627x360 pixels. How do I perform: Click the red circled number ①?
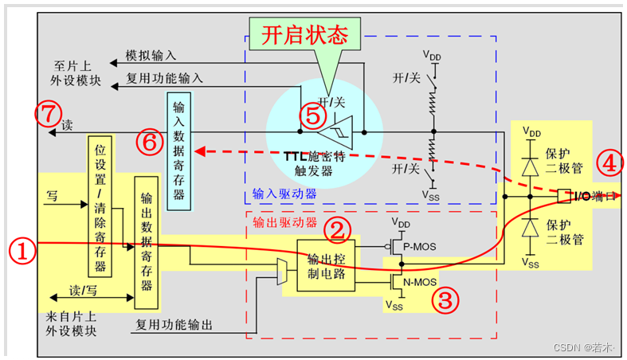pyautogui.click(x=24, y=252)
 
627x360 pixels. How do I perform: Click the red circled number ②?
pyautogui.click(x=339, y=231)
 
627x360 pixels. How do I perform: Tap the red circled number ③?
pyautogui.click(x=445, y=300)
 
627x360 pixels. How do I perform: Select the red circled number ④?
pyautogui.click(x=609, y=164)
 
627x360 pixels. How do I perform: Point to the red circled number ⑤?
pyautogui.click(x=313, y=117)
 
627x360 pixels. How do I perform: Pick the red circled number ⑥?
pyautogui.click(x=148, y=142)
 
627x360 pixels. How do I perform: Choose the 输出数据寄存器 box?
pyautogui.click(x=146, y=242)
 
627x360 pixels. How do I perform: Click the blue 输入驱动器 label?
pyautogui.click(x=284, y=194)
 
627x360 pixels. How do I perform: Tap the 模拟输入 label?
pyautogui.click(x=151, y=56)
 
